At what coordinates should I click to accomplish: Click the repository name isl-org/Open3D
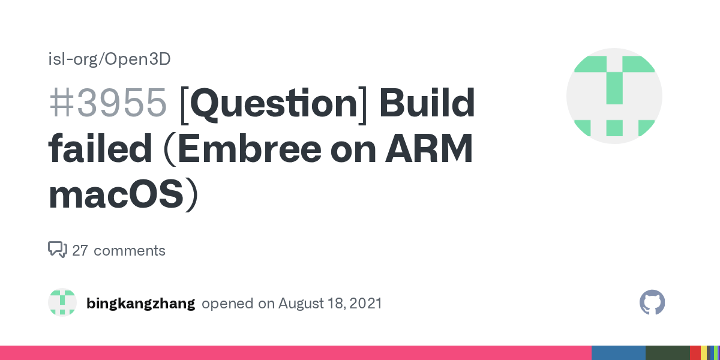pos(109,59)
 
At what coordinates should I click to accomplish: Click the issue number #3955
pos(107,103)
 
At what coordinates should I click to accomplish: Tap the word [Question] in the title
pos(273,103)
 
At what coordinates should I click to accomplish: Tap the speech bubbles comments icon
pos(58,250)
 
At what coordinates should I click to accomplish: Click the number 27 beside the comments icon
pos(80,250)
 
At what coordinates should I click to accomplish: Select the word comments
pos(130,250)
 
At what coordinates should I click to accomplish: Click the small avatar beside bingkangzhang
pos(62,302)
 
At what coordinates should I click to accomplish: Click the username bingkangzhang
pos(140,303)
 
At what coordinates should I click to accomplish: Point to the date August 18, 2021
pos(330,303)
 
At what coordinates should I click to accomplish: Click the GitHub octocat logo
pos(652,302)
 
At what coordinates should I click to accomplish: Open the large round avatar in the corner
pos(614,96)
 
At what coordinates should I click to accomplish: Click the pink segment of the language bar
pos(294,353)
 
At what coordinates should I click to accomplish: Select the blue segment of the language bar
pos(618,353)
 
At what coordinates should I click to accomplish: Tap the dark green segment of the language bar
pos(667,353)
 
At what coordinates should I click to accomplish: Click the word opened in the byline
pos(228,303)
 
